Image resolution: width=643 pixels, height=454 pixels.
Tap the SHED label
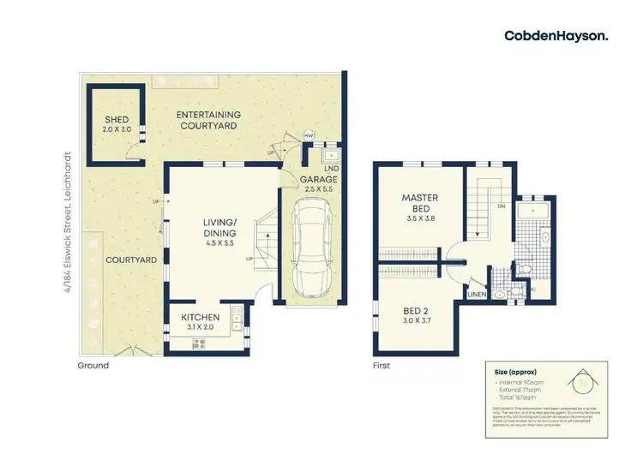[117, 119]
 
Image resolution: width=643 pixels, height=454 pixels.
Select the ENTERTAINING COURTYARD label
[208, 121]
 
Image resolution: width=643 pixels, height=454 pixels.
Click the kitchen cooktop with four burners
[200, 344]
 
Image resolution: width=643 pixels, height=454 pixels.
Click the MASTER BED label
[420, 204]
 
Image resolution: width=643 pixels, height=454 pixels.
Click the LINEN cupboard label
[476, 296]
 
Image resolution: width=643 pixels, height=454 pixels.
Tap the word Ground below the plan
[93, 366]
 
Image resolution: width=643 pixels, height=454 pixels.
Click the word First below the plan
[382, 366]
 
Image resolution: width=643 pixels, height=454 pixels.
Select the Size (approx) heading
[514, 373]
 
